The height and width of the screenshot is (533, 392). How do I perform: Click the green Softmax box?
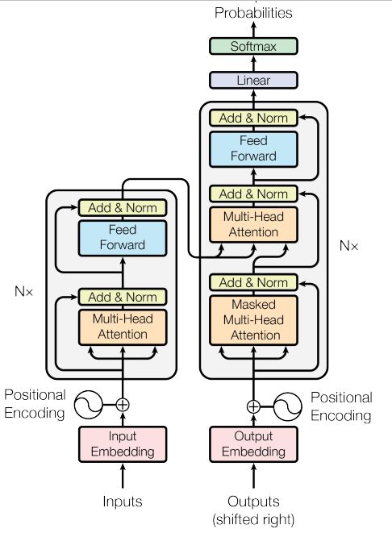pos(253,46)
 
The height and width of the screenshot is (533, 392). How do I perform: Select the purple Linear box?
pos(253,80)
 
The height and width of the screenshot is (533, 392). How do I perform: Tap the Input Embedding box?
pos(123,444)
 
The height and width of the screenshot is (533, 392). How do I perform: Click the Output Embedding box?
pos(253,444)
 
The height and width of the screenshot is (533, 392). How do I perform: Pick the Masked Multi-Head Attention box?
pos(253,320)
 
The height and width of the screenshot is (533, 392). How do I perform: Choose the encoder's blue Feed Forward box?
pos(123,238)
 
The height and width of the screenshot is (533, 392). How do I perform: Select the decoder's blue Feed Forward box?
pos(253,149)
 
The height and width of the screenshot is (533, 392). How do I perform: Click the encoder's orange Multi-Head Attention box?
pos(123,327)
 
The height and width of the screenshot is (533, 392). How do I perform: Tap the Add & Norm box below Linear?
pos(253,118)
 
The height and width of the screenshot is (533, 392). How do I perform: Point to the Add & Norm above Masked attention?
pos(253,282)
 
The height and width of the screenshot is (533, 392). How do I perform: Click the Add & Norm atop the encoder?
pos(123,208)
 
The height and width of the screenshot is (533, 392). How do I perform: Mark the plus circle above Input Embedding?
pos(123,405)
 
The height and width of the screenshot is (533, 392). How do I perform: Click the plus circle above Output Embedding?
pos(253,406)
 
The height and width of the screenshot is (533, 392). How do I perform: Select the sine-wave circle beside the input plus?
pos(89,405)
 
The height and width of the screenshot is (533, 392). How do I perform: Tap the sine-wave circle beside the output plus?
pos(288,406)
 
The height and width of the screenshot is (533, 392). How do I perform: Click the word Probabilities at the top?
pos(253,13)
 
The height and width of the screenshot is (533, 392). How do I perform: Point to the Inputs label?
pos(123,502)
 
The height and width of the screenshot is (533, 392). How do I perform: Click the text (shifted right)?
pos(253,519)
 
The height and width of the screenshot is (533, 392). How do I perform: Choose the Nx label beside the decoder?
pos(348,245)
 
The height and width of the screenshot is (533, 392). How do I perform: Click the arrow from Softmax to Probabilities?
pos(253,30)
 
